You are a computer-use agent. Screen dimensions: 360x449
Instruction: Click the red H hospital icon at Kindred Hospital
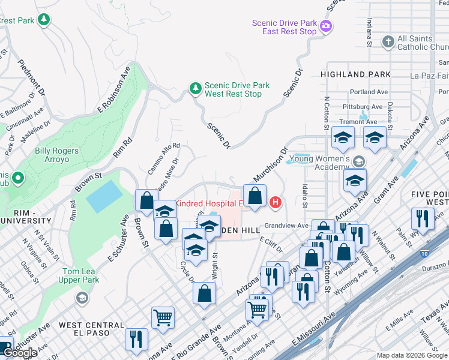(x=276, y=203)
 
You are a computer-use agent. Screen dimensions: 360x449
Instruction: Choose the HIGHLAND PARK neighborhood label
(x=352, y=74)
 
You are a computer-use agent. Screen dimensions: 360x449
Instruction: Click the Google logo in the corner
(x=20, y=353)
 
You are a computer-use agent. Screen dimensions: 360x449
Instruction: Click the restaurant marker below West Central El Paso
(x=136, y=338)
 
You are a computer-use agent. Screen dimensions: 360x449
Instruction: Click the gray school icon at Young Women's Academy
(x=358, y=161)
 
